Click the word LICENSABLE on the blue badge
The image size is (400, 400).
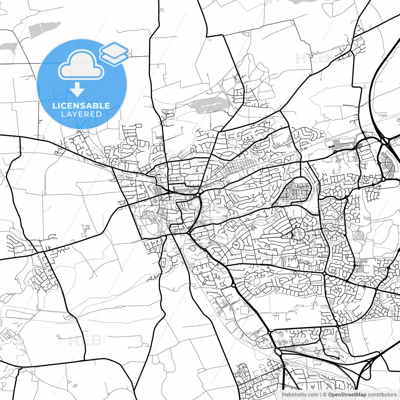81,106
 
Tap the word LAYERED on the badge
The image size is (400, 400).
81,114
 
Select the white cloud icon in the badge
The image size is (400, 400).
81,65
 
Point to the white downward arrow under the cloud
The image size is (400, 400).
77,89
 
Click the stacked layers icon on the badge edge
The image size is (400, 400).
114,53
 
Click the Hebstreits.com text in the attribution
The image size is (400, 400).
300,395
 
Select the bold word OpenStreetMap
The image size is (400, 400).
347,395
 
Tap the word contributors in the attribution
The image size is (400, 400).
382,395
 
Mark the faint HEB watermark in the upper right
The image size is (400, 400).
308,59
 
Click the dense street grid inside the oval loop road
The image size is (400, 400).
295,191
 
